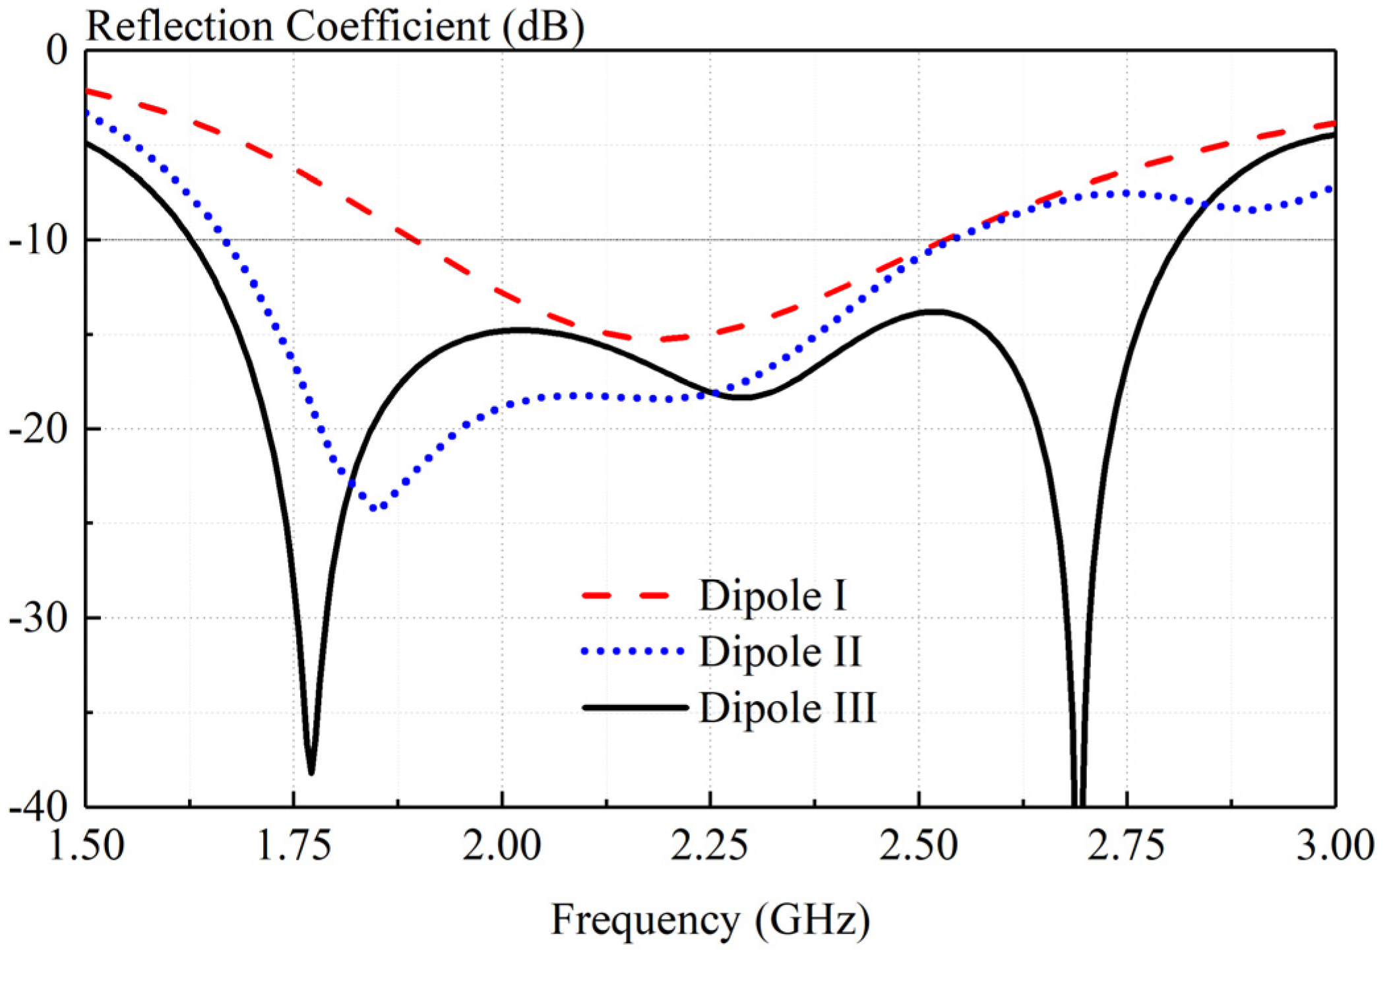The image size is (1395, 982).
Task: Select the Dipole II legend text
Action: [780, 652]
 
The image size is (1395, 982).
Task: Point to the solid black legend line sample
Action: [635, 708]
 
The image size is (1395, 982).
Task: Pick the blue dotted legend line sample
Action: [632, 652]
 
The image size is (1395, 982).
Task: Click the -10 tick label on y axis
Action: [38, 241]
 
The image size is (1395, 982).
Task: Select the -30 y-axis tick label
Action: [38, 619]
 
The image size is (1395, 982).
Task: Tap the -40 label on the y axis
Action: [38, 807]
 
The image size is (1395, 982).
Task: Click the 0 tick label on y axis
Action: [57, 50]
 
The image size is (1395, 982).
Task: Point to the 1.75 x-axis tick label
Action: [294, 845]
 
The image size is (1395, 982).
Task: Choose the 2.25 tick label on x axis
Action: [710, 845]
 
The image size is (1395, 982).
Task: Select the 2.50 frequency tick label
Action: [918, 845]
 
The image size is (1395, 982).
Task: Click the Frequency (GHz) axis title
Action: [710, 920]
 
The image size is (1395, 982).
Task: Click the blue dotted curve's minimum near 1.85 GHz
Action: [374, 508]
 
